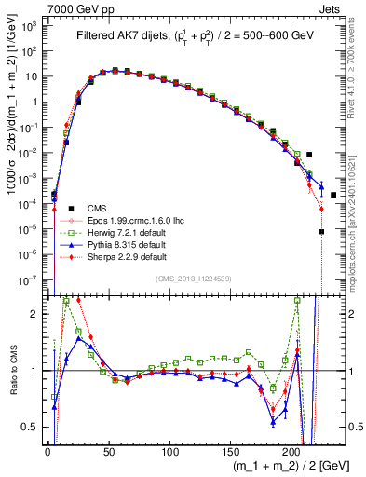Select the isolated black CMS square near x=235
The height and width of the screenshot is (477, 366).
[x=333, y=195]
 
